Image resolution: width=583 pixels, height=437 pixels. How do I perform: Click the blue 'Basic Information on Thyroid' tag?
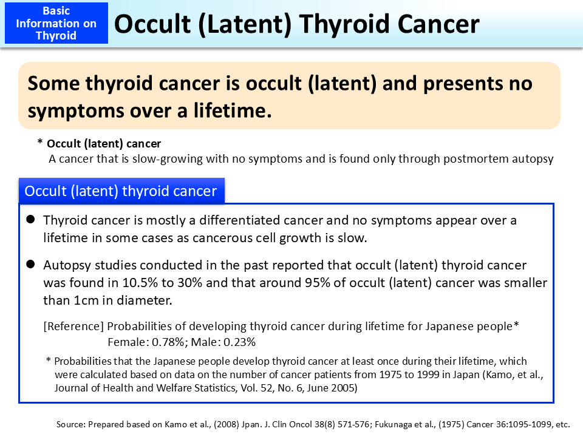[55, 24]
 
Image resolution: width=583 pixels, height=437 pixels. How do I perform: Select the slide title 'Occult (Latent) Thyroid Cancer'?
[296, 24]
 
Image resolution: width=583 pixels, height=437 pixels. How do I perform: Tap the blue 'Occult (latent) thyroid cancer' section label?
[121, 191]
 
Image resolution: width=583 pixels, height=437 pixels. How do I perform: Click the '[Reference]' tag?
[74, 326]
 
